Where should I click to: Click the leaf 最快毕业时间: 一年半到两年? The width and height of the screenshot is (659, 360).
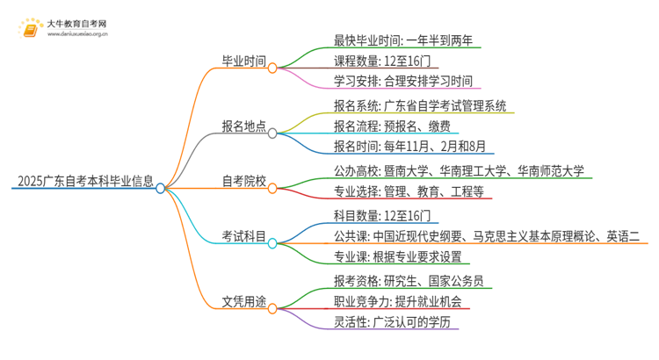click(405, 41)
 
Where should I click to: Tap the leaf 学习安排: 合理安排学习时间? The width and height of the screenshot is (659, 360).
click(403, 82)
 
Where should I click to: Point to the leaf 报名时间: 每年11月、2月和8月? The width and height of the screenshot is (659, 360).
click(410, 147)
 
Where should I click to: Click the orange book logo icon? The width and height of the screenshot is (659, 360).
click(28, 28)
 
